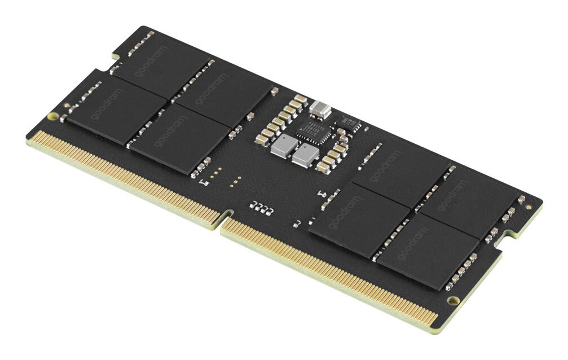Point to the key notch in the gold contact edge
click(x=227, y=216)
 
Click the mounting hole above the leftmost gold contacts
click(x=53, y=117)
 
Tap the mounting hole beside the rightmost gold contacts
click(x=453, y=300)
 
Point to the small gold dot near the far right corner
click(x=528, y=207)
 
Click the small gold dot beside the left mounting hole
click(x=66, y=106)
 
